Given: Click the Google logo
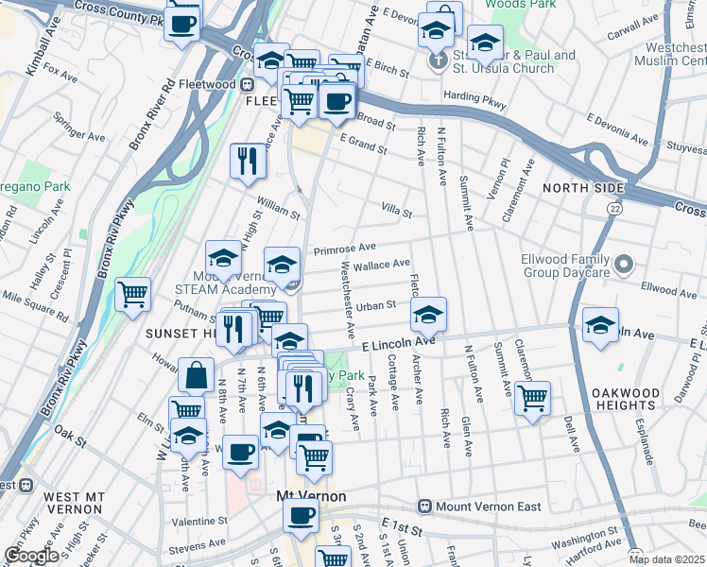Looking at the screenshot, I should click(31, 555).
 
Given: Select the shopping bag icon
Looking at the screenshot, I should click(195, 374).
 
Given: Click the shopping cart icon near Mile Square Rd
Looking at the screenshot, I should click(133, 293).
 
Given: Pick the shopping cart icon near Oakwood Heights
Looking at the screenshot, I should click(533, 397).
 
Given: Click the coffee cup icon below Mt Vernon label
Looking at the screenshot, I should click(302, 516).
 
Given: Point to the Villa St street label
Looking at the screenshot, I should click(397, 212).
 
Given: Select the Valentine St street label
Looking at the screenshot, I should click(198, 521).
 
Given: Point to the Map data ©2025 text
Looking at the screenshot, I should click(674, 558).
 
